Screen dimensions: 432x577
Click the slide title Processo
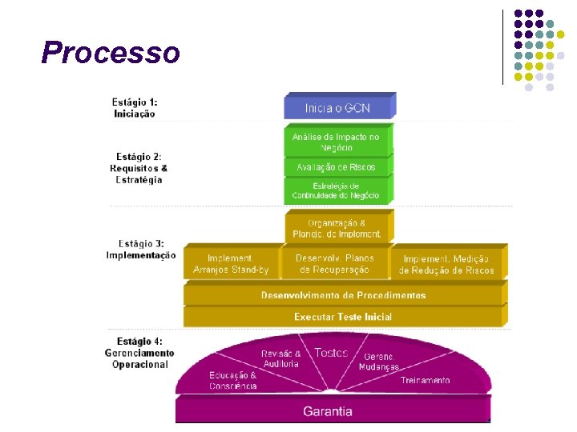tap(111, 53)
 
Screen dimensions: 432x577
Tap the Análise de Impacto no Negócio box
tap(336, 142)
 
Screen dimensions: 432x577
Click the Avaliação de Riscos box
tap(336, 167)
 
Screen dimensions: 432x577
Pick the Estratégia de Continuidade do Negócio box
tap(336, 190)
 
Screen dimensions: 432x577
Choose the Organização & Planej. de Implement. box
tap(337, 228)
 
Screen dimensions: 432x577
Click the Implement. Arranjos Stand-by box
tap(231, 264)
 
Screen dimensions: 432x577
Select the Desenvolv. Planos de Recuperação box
tap(335, 264)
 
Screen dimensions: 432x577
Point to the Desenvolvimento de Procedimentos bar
tap(343, 295)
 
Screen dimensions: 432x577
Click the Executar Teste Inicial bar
tap(343, 317)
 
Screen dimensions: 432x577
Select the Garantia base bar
tap(328, 411)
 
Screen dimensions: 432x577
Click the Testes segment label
tap(331, 353)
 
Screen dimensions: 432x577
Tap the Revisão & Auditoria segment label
tap(280, 358)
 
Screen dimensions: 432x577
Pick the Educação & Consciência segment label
tap(233, 380)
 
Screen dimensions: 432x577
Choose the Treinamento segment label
tap(426, 381)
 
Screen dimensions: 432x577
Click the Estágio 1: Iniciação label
tap(135, 108)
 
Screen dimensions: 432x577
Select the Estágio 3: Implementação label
tap(141, 249)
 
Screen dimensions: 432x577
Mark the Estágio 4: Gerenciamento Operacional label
tap(139, 353)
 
